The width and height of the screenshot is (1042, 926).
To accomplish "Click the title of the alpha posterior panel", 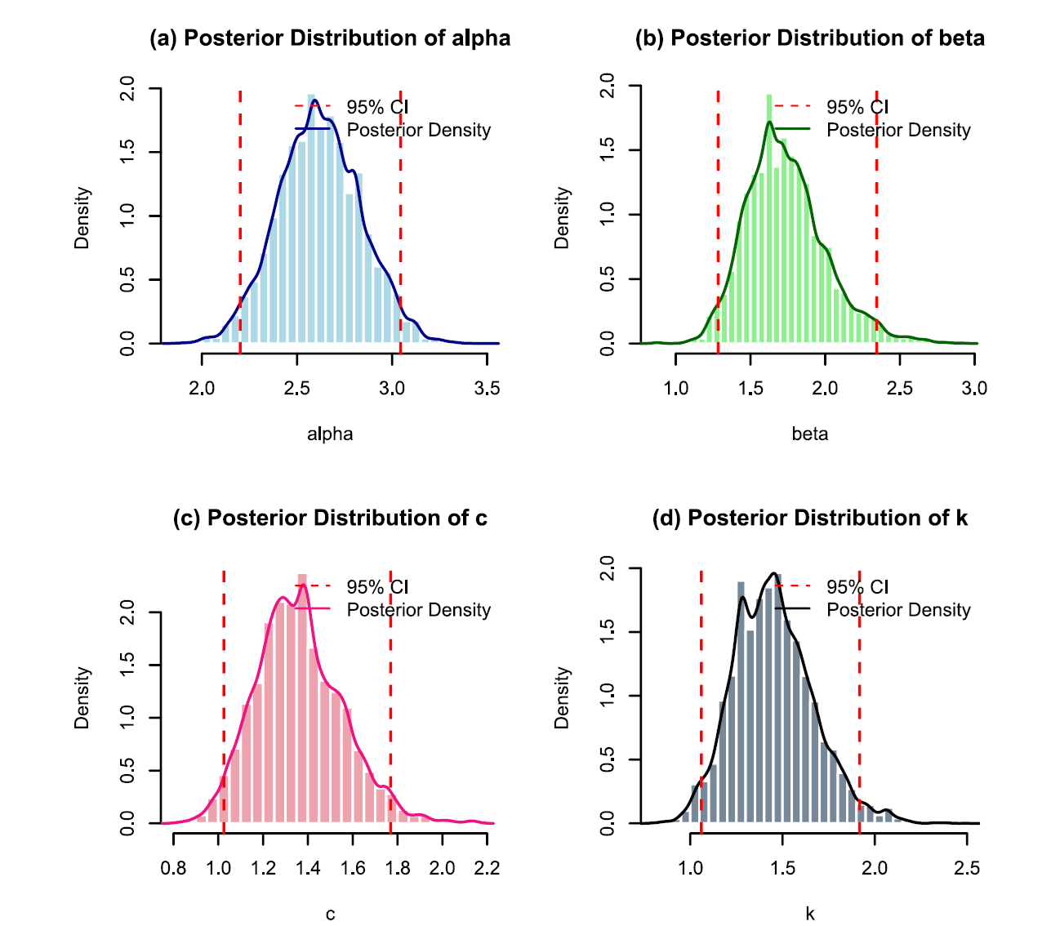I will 330,38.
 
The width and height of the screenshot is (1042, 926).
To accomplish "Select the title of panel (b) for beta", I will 809,38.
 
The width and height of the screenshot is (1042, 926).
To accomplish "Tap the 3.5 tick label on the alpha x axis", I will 487,389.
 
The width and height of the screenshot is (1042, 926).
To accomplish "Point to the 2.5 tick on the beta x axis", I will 900,389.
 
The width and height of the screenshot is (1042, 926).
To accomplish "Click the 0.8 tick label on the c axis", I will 173,868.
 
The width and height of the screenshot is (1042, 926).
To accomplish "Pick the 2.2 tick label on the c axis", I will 487,868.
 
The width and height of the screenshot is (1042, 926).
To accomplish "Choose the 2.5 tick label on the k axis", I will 967,868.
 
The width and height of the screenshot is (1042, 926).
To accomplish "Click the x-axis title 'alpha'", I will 330,434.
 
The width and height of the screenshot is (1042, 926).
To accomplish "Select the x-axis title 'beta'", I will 809,434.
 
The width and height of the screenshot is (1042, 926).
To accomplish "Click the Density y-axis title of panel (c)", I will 82,697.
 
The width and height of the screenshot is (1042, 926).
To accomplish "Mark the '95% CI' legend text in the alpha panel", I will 377,107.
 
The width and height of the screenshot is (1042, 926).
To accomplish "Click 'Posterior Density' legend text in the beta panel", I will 898,131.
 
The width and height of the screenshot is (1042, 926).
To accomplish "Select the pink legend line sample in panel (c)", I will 313,609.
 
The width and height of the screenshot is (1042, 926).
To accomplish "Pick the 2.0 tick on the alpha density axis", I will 127,88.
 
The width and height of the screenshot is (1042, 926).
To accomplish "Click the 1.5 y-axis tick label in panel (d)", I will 607,631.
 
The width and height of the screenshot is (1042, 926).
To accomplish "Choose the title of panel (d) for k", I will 809,519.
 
